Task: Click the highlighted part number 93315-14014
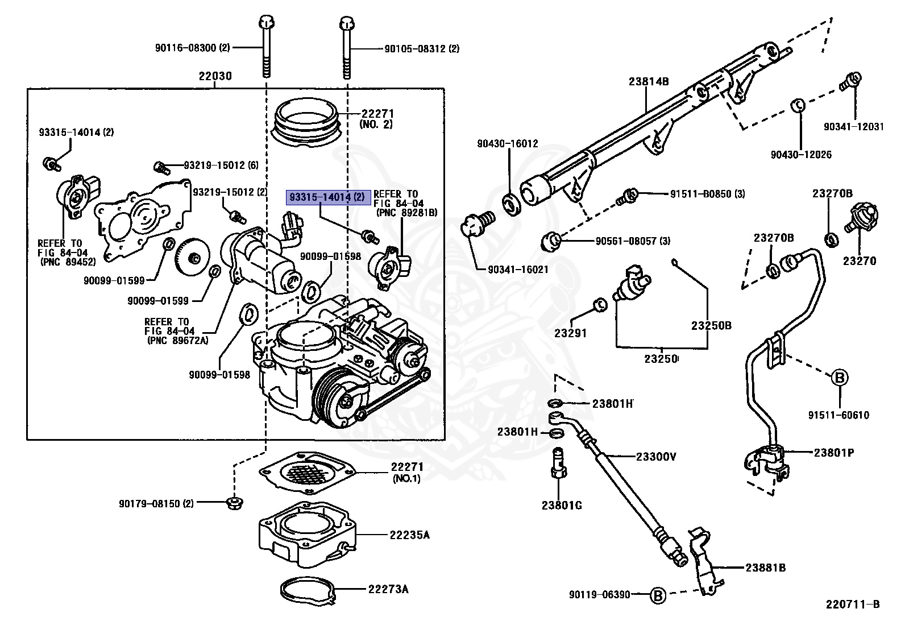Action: tap(328, 198)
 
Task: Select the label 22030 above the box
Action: tap(215, 76)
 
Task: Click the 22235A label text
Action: tap(409, 535)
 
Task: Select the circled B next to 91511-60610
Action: tap(840, 377)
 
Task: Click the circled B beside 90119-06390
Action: tap(657, 595)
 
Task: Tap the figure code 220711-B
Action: tap(853, 604)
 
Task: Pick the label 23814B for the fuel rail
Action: tap(649, 81)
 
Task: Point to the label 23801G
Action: tap(562, 506)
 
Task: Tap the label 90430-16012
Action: tap(507, 144)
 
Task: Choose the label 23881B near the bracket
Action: tap(765, 568)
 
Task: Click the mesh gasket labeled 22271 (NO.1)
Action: tap(307, 471)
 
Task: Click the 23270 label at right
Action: tap(859, 261)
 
